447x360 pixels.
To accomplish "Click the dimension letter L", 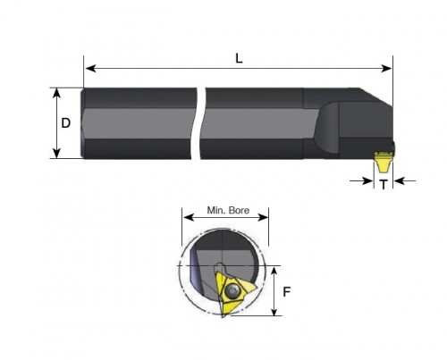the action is point(239,59).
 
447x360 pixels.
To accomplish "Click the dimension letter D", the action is point(65,123).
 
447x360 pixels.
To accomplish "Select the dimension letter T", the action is point(384,185).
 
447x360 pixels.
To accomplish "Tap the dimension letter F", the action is point(286,292).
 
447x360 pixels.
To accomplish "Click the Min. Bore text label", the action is point(228,210).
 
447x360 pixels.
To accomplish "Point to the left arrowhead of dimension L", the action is point(90,68).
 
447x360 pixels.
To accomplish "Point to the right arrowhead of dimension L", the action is point(386,68).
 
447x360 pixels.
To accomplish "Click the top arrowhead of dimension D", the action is point(56,93).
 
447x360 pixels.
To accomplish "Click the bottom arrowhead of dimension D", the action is point(56,153).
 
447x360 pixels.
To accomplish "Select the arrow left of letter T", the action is point(361,180).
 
